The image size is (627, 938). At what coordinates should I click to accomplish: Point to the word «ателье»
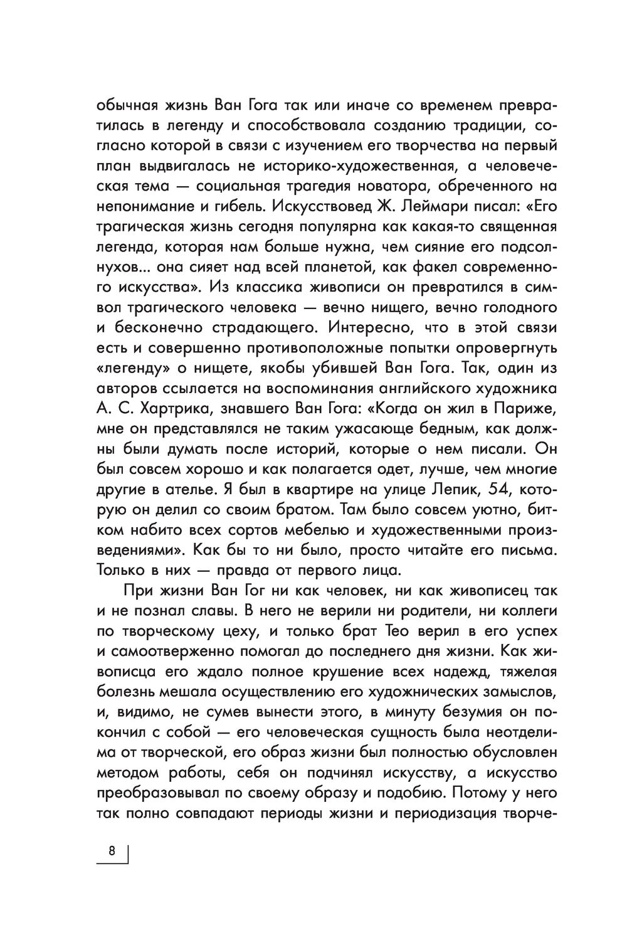[x=194, y=489]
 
